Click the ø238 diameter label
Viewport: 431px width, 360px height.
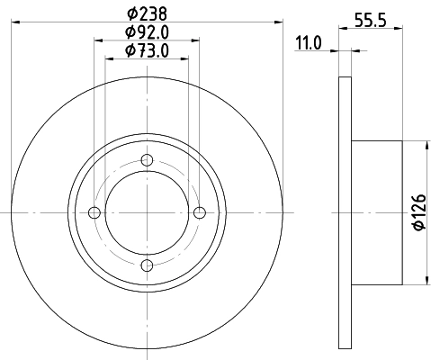[x=147, y=13]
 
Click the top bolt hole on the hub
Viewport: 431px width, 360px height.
[x=148, y=161]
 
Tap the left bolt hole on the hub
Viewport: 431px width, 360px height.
[x=95, y=212]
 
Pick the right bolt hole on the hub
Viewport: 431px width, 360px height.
[x=200, y=212]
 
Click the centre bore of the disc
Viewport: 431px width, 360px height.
[x=148, y=212]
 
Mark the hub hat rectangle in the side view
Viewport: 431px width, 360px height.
[x=375, y=212]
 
